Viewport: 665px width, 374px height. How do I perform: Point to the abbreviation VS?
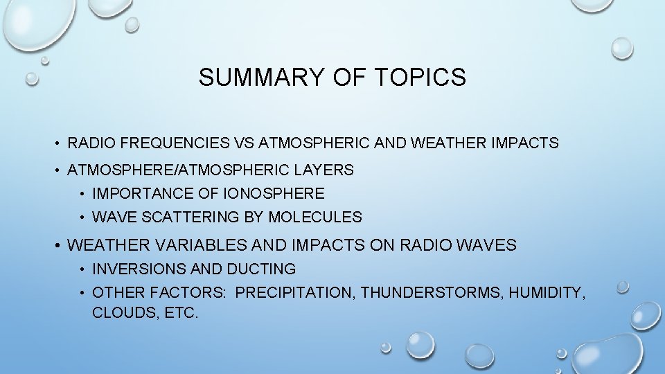244,143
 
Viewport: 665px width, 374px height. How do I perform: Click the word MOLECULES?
315,217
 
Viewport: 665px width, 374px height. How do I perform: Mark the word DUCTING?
265,269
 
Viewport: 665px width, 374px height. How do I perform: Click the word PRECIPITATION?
296,293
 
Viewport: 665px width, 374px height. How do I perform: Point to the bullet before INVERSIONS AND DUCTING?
82,269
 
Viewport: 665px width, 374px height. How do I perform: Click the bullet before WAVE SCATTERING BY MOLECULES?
82,217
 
